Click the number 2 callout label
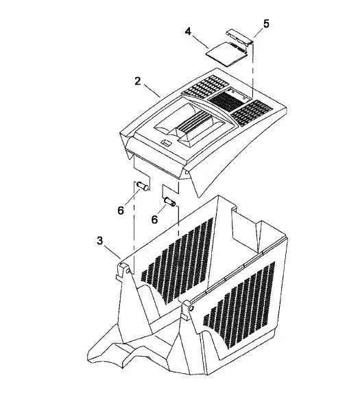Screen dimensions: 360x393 pos(138,81)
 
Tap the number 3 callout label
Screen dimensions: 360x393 pos(100,241)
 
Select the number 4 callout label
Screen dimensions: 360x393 pos(188,32)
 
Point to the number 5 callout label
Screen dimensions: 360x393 pos(266,24)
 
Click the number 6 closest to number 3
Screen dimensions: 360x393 pos(121,211)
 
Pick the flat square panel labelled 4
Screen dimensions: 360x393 pos(226,54)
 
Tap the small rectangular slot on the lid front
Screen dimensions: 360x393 pos(166,143)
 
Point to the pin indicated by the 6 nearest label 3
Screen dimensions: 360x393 pos(143,187)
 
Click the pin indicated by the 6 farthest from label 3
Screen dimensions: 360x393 pos(169,202)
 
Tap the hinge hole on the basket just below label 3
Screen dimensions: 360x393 pos(128,271)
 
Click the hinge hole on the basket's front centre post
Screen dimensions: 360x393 pos(191,308)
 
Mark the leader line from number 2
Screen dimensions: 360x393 pos(152,90)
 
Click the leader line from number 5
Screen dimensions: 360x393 pos(259,34)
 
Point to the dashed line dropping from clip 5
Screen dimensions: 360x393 pos(253,71)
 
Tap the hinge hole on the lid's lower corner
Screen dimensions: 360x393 pos(187,173)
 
